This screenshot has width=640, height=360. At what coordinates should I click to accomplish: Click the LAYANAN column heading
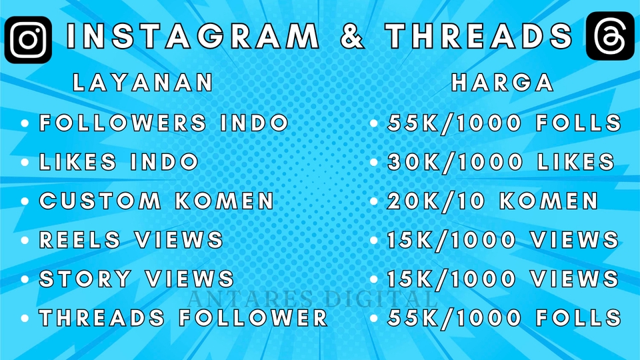point(143,83)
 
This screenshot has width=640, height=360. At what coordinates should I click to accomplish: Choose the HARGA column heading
point(503,83)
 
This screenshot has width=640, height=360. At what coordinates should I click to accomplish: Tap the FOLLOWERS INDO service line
point(164,123)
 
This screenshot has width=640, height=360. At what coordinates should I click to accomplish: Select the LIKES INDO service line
point(119,162)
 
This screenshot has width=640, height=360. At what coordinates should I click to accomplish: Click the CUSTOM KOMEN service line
point(157,201)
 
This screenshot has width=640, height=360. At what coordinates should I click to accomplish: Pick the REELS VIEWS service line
point(131,239)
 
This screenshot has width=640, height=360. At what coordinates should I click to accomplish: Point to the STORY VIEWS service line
point(137,278)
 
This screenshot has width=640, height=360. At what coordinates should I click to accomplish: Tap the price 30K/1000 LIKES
point(501,162)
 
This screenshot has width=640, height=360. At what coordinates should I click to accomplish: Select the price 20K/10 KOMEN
point(493,201)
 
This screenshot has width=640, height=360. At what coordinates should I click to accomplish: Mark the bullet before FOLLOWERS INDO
point(25,124)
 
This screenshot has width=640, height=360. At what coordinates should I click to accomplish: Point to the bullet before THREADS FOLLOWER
point(25,318)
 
